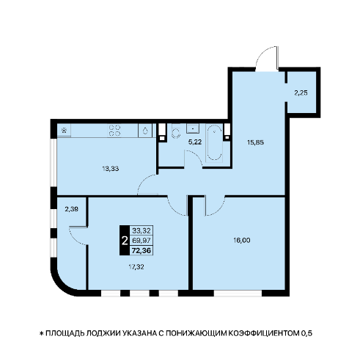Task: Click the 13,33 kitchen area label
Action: pyautogui.click(x=111, y=169)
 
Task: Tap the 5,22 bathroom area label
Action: pyautogui.click(x=195, y=142)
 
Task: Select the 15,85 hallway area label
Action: pyautogui.click(x=255, y=142)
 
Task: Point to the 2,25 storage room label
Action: pyautogui.click(x=301, y=93)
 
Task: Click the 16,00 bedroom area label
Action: pyautogui.click(x=242, y=241)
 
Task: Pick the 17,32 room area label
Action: pyautogui.click(x=136, y=267)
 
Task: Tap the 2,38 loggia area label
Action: pyautogui.click(x=72, y=209)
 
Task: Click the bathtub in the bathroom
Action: pyautogui.click(x=214, y=143)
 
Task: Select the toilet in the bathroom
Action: pyautogui.click(x=176, y=132)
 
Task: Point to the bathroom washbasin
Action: pyautogui.click(x=193, y=128)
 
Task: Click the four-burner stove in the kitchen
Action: pyautogui.click(x=114, y=131)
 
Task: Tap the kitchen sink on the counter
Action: pyautogui.click(x=145, y=131)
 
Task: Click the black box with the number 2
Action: pyautogui.click(x=125, y=241)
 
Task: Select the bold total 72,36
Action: pyautogui.click(x=142, y=251)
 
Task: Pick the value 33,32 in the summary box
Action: pyautogui.click(x=142, y=230)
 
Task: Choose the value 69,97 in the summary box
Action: pyautogui.click(x=142, y=241)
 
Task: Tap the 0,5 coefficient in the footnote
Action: pyautogui.click(x=306, y=333)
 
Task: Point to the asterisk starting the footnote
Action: pyautogui.click(x=41, y=333)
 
